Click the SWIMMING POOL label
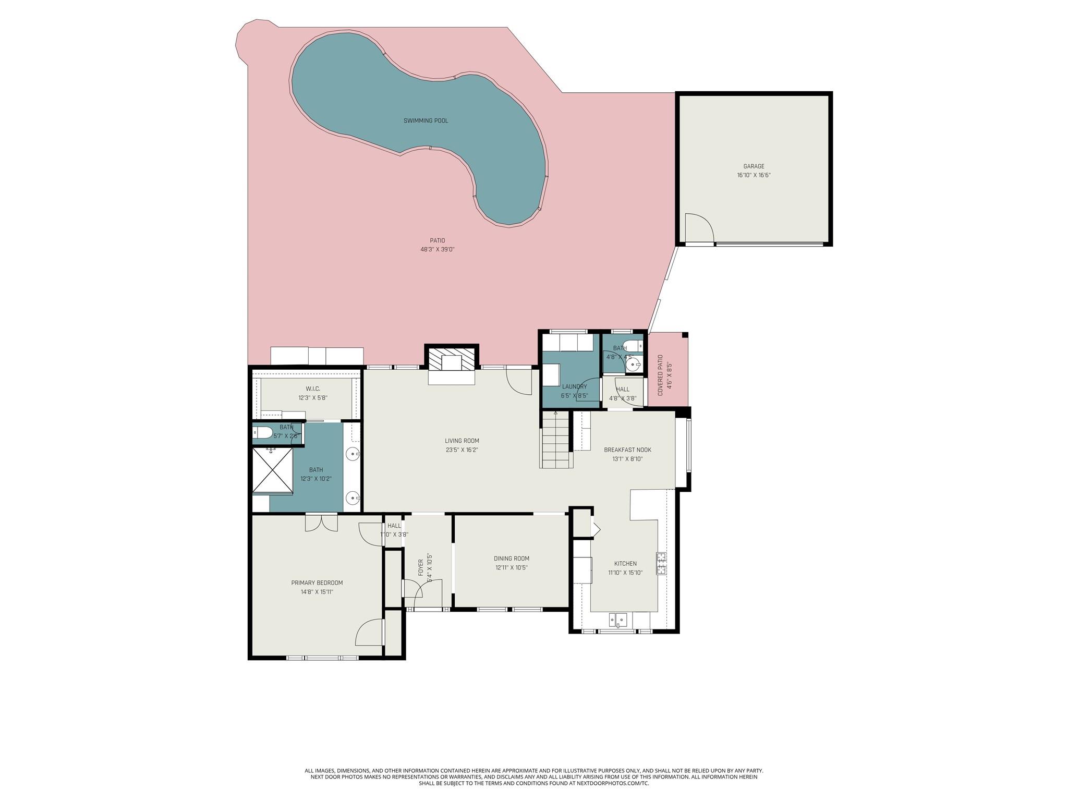point(426,121)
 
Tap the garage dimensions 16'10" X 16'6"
point(754,176)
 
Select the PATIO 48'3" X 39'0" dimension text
point(438,249)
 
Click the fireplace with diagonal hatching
point(452,359)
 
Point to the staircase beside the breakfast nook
point(556,440)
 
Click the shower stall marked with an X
point(272,470)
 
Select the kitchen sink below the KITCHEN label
point(620,620)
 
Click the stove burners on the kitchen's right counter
point(661,563)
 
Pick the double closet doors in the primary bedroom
point(321,523)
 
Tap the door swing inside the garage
point(699,228)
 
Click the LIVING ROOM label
point(462,441)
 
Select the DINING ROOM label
point(511,559)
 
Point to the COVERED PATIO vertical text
point(660,375)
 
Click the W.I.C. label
point(313,389)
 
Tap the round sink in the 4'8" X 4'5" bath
point(633,365)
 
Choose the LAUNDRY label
point(574,387)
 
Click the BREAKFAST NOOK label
point(627,450)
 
